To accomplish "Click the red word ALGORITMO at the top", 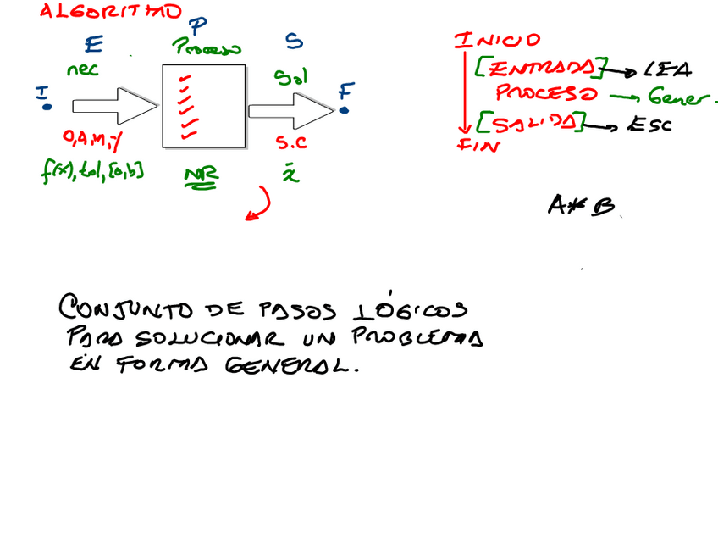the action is pyautogui.click(x=110, y=12).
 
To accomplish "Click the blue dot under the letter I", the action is pyautogui.click(x=47, y=107).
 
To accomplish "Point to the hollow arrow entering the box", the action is pyautogui.click(x=115, y=105).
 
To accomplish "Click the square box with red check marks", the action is pyautogui.click(x=203, y=105).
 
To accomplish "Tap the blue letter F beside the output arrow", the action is pyautogui.click(x=345, y=91).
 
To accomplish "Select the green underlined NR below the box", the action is pyautogui.click(x=202, y=177).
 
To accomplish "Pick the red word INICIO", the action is pyautogui.click(x=497, y=41).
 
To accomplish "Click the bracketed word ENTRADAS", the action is pyautogui.click(x=542, y=68).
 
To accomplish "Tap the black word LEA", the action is pyautogui.click(x=666, y=69).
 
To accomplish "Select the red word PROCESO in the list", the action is pyautogui.click(x=546, y=94).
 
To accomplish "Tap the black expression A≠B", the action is pyautogui.click(x=580, y=205).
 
